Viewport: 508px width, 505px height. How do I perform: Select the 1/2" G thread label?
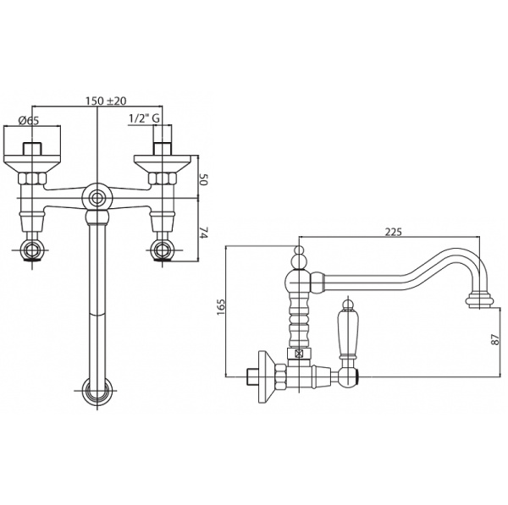coord(143,120)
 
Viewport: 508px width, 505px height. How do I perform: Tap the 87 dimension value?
coord(499,342)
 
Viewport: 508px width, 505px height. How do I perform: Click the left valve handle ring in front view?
coord(36,250)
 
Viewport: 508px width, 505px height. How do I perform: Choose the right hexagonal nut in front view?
coord(161,178)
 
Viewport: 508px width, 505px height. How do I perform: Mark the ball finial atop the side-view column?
coord(298,253)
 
